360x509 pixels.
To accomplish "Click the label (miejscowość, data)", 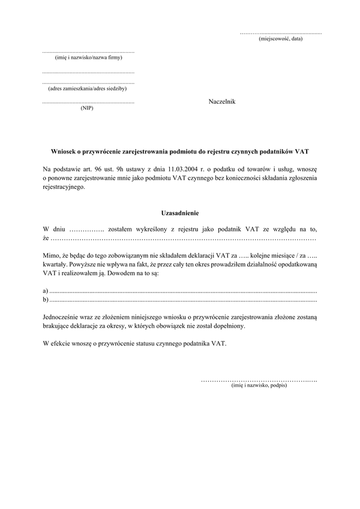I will [280, 39].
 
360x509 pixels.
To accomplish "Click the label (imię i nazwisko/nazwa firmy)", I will [88, 59].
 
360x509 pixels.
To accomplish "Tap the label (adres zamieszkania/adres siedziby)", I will [88, 88].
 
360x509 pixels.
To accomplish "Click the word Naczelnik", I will [222, 102].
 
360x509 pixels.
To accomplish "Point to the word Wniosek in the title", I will [65, 153].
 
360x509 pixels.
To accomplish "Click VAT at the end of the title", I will [301, 153].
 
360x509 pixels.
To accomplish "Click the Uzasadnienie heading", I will [179, 213].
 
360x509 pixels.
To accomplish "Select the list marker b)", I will [46, 298].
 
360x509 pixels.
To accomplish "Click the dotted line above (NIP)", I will [88, 103].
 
